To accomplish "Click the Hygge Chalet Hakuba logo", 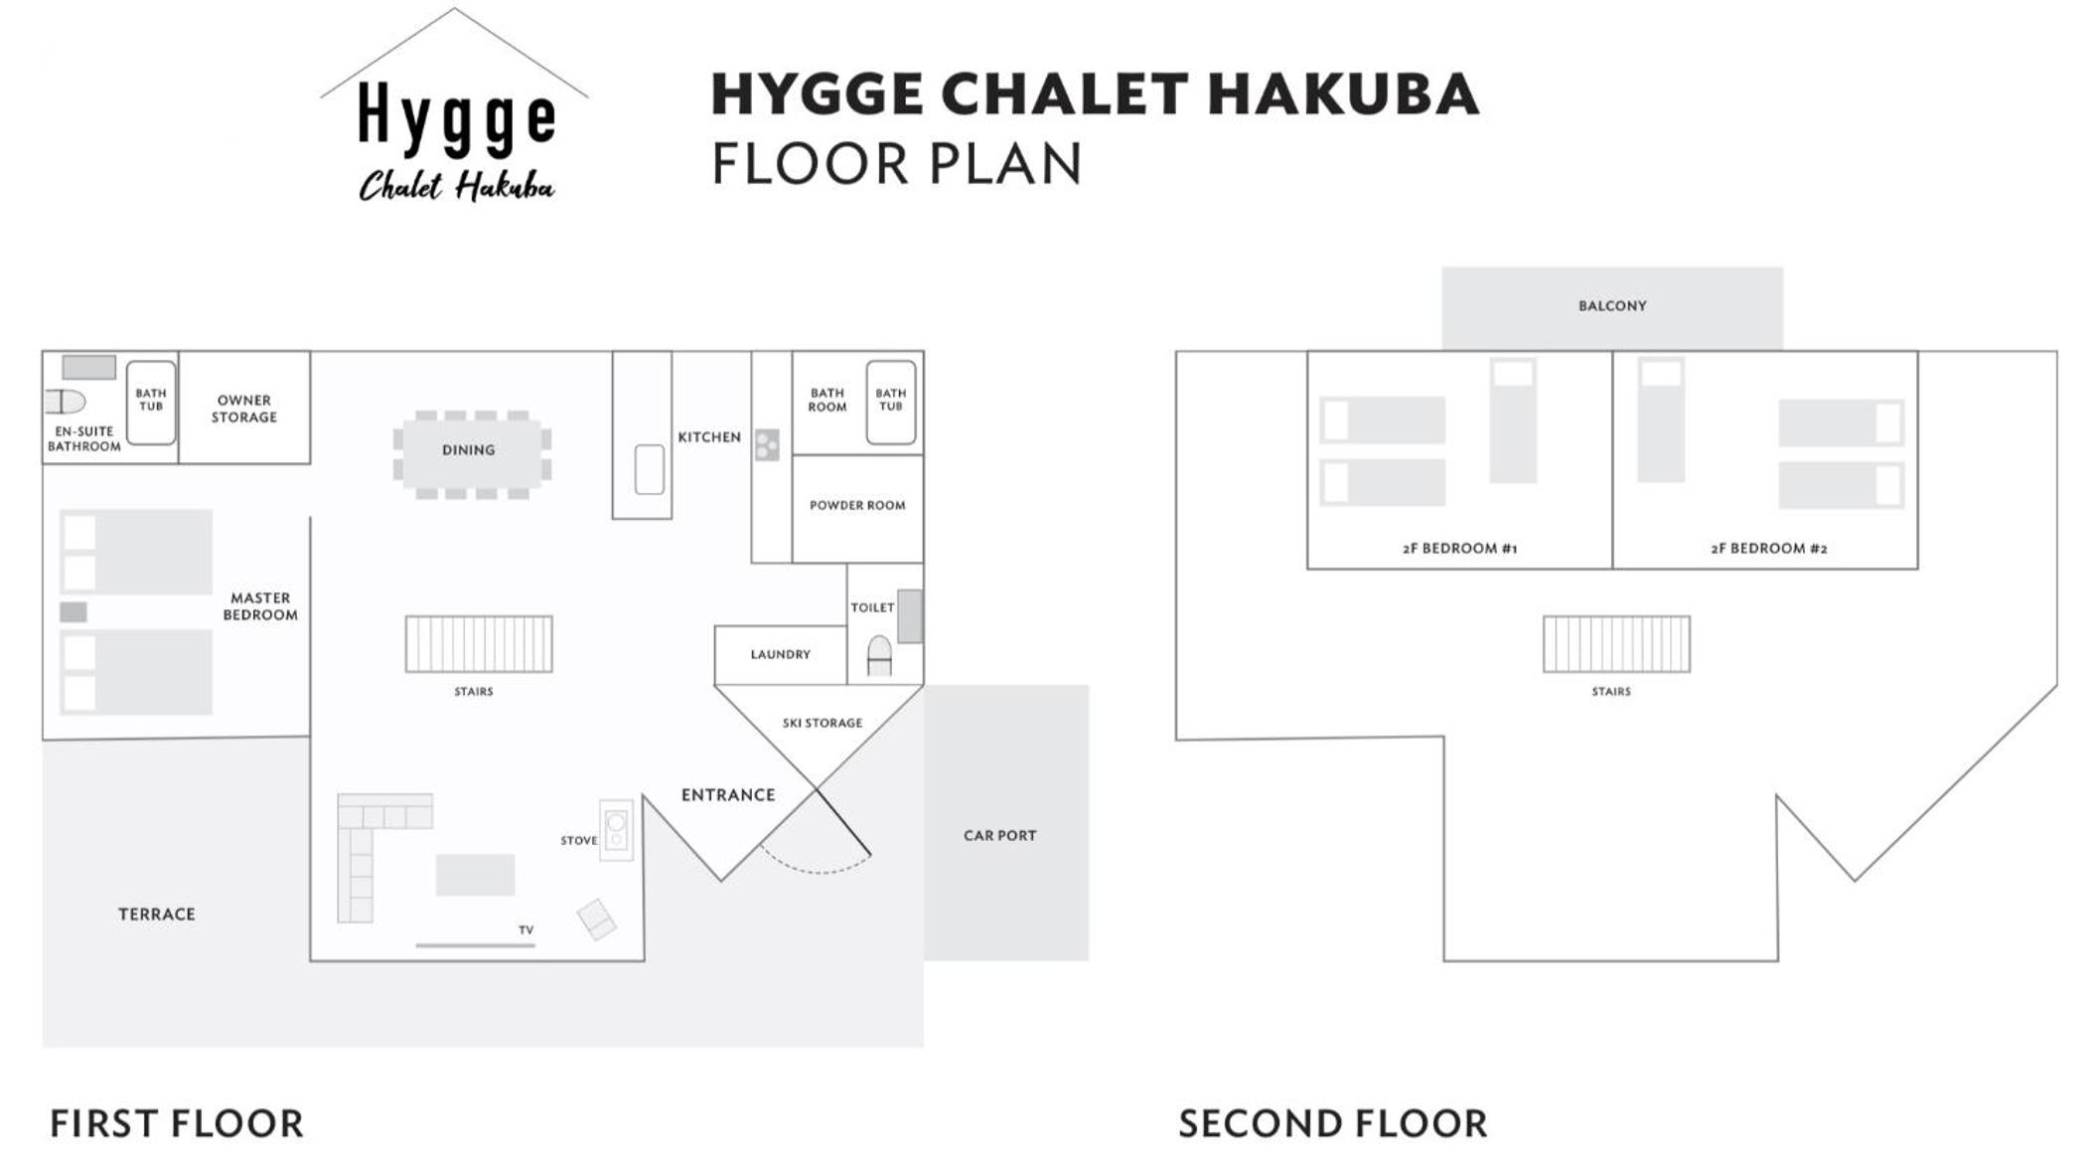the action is pyautogui.click(x=455, y=107).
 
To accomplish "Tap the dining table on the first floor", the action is pyautogui.click(x=472, y=454).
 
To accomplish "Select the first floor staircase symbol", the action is pyautogui.click(x=479, y=644).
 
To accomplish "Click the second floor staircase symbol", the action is pyautogui.click(x=1616, y=644).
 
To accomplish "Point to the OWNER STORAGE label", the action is pyautogui.click(x=244, y=409).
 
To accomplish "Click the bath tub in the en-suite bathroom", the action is pyautogui.click(x=151, y=403).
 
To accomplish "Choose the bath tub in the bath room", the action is pyautogui.click(x=891, y=402).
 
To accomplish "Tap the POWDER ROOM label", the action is pyautogui.click(x=857, y=505).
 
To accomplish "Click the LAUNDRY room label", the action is pyautogui.click(x=781, y=654).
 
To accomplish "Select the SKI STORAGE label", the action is pyautogui.click(x=823, y=723).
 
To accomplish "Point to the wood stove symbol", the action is pyautogui.click(x=616, y=830).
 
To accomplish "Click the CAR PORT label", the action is pyautogui.click(x=1000, y=836).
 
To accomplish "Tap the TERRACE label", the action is pyautogui.click(x=157, y=914).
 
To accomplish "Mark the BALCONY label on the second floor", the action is pyautogui.click(x=1612, y=306).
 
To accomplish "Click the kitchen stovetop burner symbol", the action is pyautogui.click(x=767, y=444).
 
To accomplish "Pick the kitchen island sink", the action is pyautogui.click(x=650, y=469).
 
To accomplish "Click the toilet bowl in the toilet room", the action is pyautogui.click(x=879, y=656).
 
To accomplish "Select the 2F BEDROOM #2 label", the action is pyautogui.click(x=1769, y=549).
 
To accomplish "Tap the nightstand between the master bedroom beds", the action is pyautogui.click(x=74, y=612).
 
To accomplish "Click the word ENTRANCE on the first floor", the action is pyautogui.click(x=728, y=795).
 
